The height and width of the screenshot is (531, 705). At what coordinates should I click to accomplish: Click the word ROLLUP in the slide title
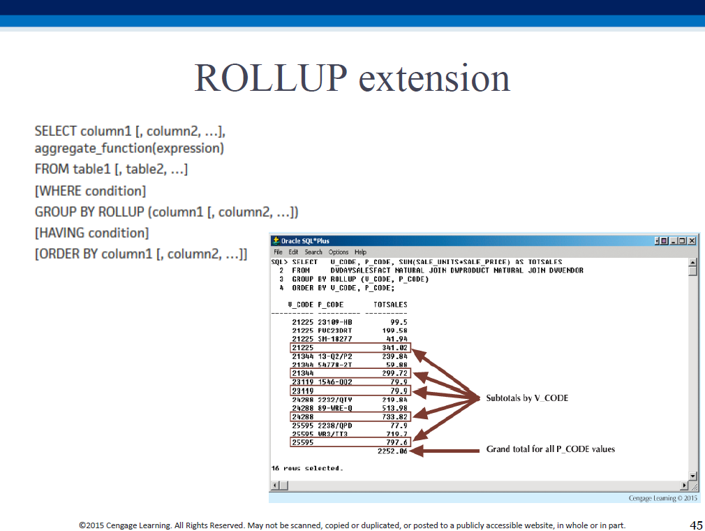point(271,78)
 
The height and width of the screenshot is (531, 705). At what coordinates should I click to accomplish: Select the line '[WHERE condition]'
point(90,191)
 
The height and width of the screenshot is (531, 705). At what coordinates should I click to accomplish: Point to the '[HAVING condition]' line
point(91,233)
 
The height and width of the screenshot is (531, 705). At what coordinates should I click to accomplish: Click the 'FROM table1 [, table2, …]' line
point(111,169)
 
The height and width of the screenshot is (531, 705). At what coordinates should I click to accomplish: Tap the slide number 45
point(696,525)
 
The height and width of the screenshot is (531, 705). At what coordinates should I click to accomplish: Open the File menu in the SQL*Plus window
point(278,252)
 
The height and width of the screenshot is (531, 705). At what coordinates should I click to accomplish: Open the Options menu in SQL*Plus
point(338,252)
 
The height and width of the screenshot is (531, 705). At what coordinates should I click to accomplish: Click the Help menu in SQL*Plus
point(360,252)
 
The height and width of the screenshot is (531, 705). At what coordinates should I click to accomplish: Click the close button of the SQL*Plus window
point(692,241)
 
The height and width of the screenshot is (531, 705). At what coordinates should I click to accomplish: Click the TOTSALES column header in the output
point(390,305)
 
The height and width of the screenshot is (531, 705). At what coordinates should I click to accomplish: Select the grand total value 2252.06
point(392,451)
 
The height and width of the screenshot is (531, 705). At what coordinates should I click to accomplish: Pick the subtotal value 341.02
point(394,347)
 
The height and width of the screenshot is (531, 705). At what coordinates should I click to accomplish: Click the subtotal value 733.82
point(394,416)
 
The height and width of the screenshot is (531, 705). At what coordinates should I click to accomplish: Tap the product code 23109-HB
point(335,322)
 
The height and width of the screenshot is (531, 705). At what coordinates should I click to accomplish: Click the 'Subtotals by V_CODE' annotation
point(527,398)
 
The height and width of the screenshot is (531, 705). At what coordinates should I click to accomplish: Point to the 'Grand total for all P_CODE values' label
point(550,449)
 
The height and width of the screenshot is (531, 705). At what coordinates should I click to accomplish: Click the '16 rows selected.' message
point(307,468)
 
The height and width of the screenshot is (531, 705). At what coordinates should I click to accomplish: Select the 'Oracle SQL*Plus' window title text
point(305,241)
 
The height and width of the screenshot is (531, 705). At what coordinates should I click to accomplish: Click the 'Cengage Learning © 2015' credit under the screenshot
point(662,498)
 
